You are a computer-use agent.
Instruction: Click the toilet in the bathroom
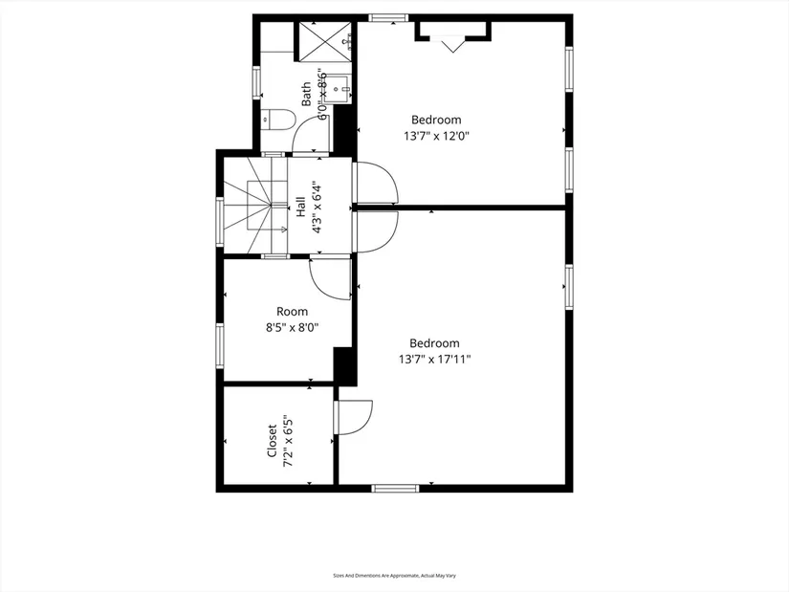click(x=278, y=121)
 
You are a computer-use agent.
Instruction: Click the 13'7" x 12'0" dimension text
click(x=436, y=136)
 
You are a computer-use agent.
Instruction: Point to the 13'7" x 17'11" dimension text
click(x=435, y=360)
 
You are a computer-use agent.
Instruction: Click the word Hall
click(x=300, y=208)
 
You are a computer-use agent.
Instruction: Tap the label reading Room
click(x=293, y=311)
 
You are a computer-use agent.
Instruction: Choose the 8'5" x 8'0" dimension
click(x=293, y=327)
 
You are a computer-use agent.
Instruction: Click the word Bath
click(x=307, y=93)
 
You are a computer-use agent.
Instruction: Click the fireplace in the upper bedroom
click(x=452, y=34)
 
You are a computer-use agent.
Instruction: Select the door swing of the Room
click(x=330, y=277)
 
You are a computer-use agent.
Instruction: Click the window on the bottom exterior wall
click(x=395, y=488)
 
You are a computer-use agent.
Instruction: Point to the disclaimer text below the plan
click(x=394, y=576)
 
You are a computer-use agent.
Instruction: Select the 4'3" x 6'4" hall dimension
click(x=315, y=208)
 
